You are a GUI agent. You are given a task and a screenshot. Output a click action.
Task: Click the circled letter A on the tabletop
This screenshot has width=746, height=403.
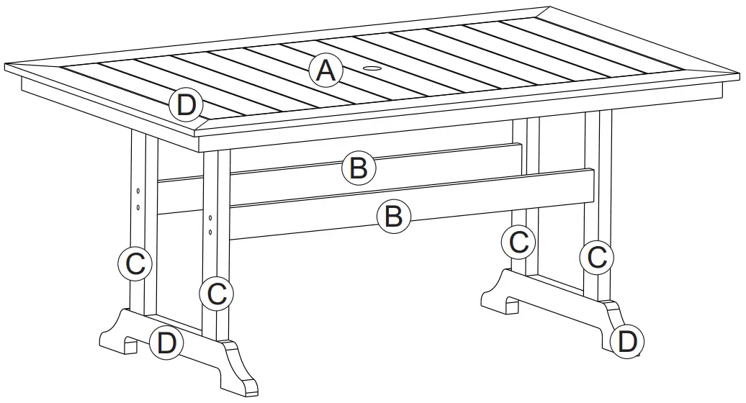coord(325,71)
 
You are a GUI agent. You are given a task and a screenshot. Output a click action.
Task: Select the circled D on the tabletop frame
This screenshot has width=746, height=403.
coord(186,106)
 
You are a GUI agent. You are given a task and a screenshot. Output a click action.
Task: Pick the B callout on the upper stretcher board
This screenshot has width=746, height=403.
coord(359,168)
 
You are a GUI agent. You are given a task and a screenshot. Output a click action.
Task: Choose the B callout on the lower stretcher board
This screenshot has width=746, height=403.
coord(394,215)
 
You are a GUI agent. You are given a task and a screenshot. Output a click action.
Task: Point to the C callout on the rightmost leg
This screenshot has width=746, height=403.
coord(597,256)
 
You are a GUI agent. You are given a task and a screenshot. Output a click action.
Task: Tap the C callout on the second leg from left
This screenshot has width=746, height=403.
coord(216,293)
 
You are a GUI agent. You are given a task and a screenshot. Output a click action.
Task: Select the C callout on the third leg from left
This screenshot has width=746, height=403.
coord(518,243)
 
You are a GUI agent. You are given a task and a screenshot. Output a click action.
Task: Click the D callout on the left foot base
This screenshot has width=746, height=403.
coord(166,343)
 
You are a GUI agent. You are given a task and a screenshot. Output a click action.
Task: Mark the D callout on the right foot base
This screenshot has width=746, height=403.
coord(627,341)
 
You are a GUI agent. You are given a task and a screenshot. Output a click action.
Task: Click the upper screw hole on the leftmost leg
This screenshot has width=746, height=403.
coord(137,191)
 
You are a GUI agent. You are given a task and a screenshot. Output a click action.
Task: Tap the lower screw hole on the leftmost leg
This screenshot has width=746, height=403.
coord(137,207)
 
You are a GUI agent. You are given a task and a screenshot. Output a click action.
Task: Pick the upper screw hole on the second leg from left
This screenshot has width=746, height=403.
coord(210,217)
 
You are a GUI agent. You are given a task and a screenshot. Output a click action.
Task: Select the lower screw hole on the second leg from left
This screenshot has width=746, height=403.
coord(210,232)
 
